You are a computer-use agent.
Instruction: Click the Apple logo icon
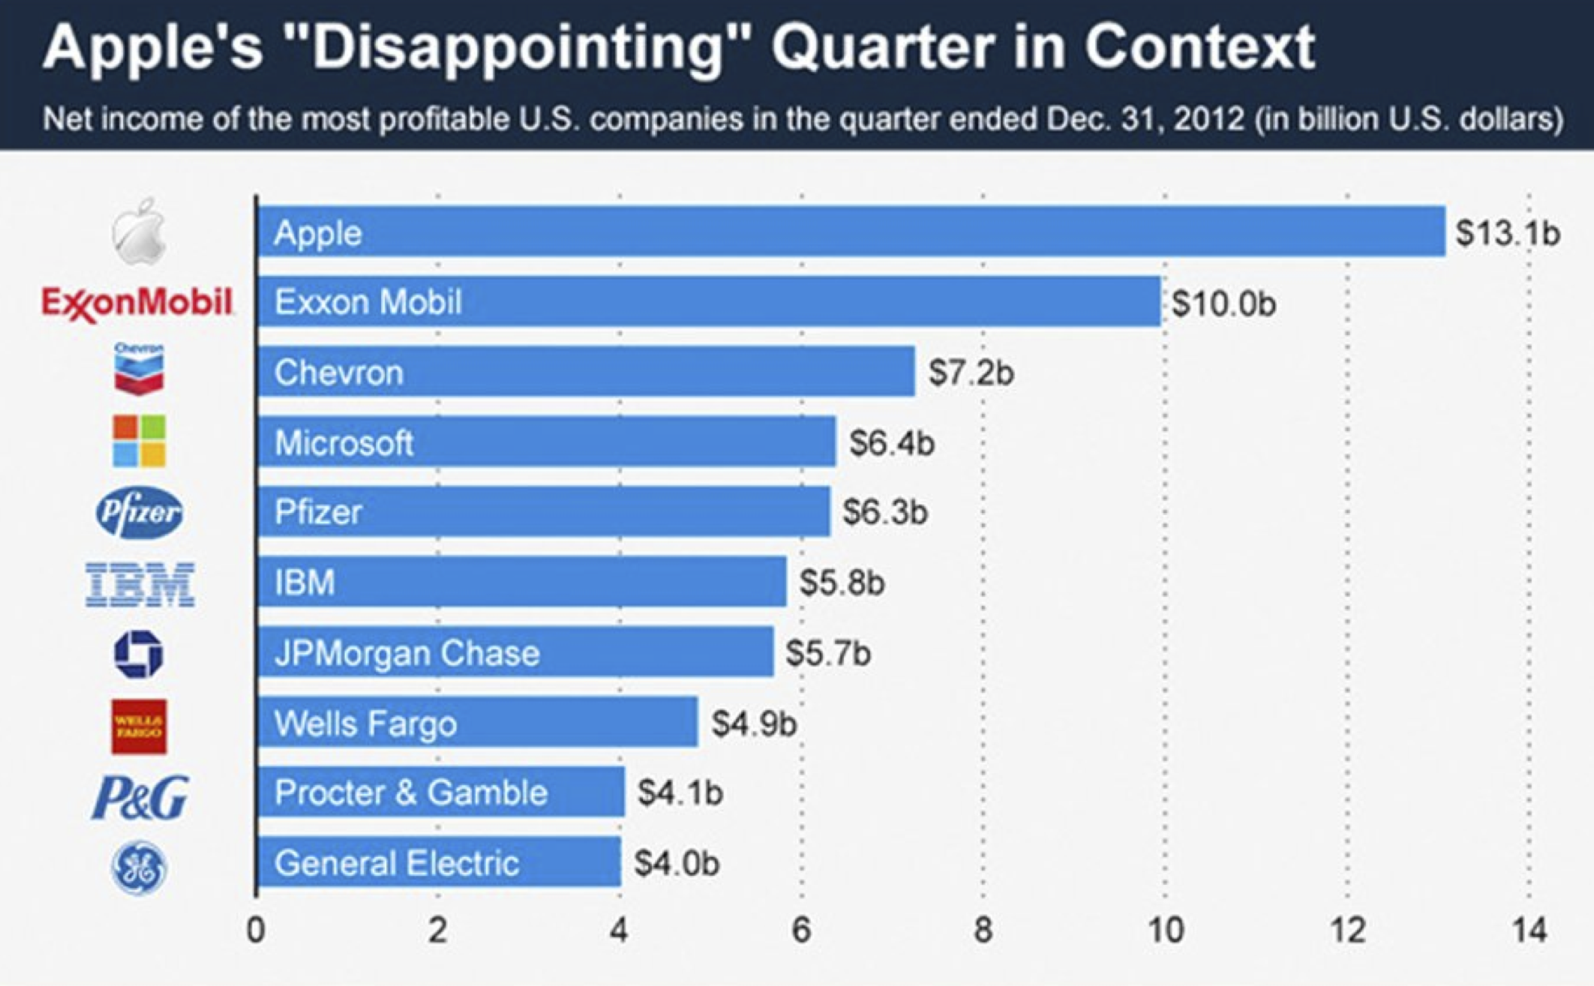140,232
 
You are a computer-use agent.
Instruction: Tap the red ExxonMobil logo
137,303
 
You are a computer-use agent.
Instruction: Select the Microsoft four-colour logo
139,441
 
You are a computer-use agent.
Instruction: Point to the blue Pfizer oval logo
140,513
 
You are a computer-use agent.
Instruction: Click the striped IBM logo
140,584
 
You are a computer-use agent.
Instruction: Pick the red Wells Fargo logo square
139,727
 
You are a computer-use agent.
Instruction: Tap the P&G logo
140,797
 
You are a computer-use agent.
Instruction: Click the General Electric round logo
139,868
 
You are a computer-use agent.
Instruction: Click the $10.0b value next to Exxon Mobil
1223,304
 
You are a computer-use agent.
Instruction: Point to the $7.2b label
971,373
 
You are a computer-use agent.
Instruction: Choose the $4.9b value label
754,724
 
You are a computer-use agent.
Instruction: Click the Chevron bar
585,372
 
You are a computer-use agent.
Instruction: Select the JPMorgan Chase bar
515,652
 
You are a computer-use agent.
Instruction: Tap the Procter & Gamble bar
440,793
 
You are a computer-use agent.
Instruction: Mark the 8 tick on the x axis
983,931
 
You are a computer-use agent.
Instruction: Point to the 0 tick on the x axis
256,931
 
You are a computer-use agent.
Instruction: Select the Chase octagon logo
139,654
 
